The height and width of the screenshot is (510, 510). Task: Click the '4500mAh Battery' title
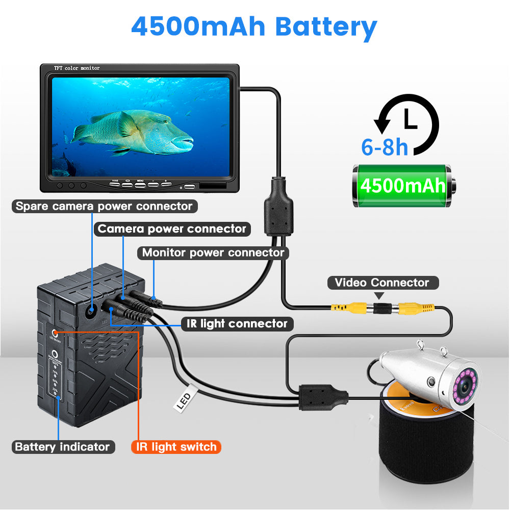(x=254, y=27)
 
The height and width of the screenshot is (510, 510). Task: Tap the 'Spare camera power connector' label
(x=104, y=207)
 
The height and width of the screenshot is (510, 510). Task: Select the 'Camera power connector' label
(x=172, y=229)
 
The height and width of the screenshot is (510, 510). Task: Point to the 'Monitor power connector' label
(x=213, y=252)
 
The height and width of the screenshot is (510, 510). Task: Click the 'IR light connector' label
(x=237, y=323)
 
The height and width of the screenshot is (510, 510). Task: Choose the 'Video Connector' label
(x=381, y=283)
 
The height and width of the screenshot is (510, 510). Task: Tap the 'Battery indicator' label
(x=62, y=447)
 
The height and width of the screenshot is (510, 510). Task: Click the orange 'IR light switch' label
(x=176, y=447)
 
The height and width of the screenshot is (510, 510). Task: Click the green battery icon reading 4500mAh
(x=403, y=185)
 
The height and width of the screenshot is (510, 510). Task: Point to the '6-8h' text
(x=385, y=147)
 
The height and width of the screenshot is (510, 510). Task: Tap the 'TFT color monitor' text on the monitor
(x=76, y=68)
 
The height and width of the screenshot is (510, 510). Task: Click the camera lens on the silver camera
(x=465, y=386)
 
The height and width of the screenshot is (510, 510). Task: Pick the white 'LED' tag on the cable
(x=184, y=401)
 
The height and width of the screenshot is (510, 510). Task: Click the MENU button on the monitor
(x=140, y=184)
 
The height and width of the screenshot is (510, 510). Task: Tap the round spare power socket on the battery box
(x=92, y=310)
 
